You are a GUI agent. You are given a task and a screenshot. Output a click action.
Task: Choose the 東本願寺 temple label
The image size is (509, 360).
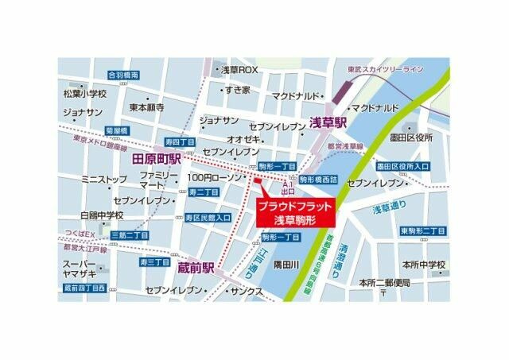[x=147, y=106]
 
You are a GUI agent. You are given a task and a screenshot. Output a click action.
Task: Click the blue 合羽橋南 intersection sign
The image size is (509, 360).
[x=123, y=75]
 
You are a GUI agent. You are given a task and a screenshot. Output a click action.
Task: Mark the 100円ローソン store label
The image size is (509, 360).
[x=216, y=177]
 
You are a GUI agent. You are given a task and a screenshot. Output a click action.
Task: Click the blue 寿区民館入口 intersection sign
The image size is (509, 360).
[x=208, y=217]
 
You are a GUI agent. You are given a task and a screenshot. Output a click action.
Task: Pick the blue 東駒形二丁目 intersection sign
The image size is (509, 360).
[x=422, y=230]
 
